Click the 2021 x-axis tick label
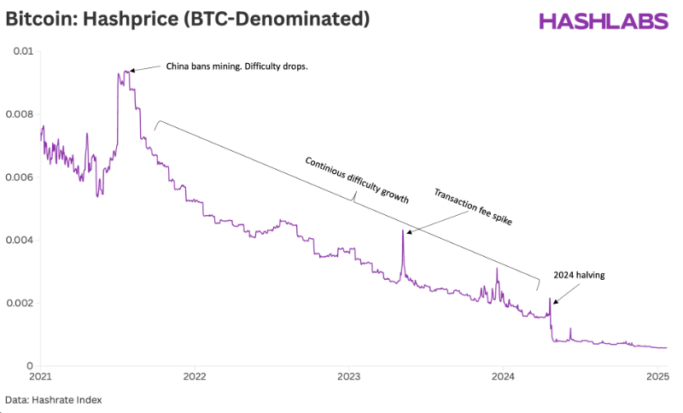pos(40,375)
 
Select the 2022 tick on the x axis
pos(195,375)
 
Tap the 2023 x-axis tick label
pos(348,375)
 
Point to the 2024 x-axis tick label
pos(503,375)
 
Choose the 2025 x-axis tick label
pos(657,375)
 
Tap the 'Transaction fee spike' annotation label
pos(472,207)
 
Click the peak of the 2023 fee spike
pos(402,230)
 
